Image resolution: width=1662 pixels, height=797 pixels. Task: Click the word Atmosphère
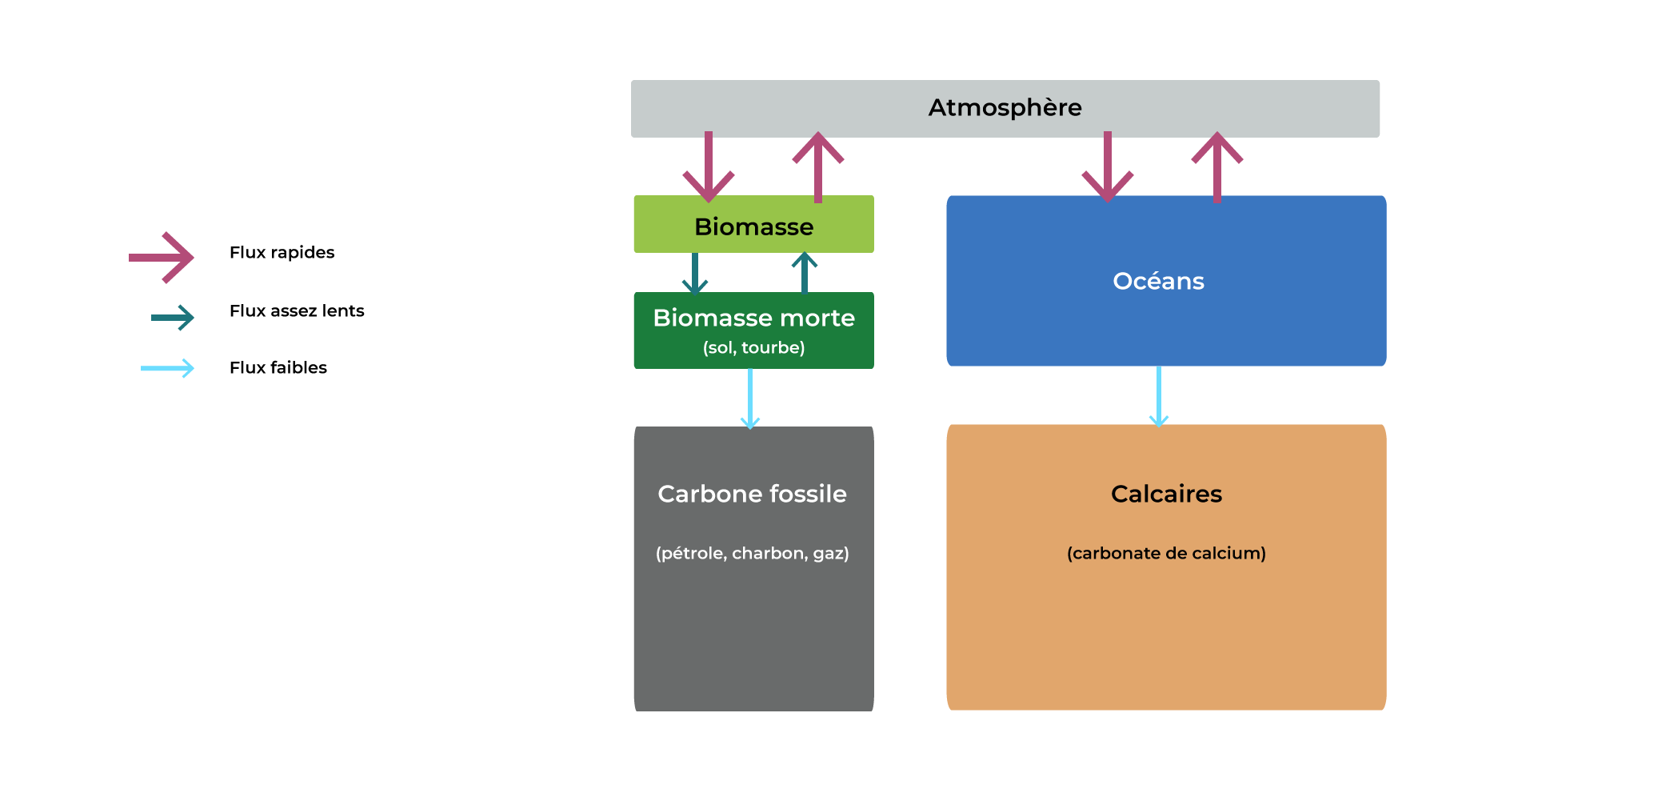[1005, 107]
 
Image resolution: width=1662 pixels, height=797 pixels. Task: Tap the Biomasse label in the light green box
[753, 226]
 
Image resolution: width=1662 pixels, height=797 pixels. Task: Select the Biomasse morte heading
[753, 318]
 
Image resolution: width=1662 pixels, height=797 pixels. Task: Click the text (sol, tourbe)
[753, 347]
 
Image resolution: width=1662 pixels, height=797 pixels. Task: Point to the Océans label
[1158, 281]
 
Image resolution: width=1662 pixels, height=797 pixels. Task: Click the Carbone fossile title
[752, 494]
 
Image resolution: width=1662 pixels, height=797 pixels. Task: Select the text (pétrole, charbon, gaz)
[752, 553]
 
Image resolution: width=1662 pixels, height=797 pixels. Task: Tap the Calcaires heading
[1166, 494]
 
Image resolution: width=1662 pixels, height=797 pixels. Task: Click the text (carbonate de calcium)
[1166, 553]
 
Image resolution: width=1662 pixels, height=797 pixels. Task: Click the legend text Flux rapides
[282, 252]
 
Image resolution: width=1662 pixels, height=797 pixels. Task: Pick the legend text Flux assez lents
[297, 310]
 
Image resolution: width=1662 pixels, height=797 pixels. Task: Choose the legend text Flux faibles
[278, 367]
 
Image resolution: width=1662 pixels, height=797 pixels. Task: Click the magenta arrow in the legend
[162, 257]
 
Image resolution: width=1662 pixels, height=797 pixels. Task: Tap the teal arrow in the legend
[173, 318]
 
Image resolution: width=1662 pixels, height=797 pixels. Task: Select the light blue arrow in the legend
[168, 368]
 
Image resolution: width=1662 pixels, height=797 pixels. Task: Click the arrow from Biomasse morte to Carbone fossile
[750, 398]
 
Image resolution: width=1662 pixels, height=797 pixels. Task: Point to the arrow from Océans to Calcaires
[1159, 396]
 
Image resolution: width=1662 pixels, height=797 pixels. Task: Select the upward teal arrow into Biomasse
[805, 272]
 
